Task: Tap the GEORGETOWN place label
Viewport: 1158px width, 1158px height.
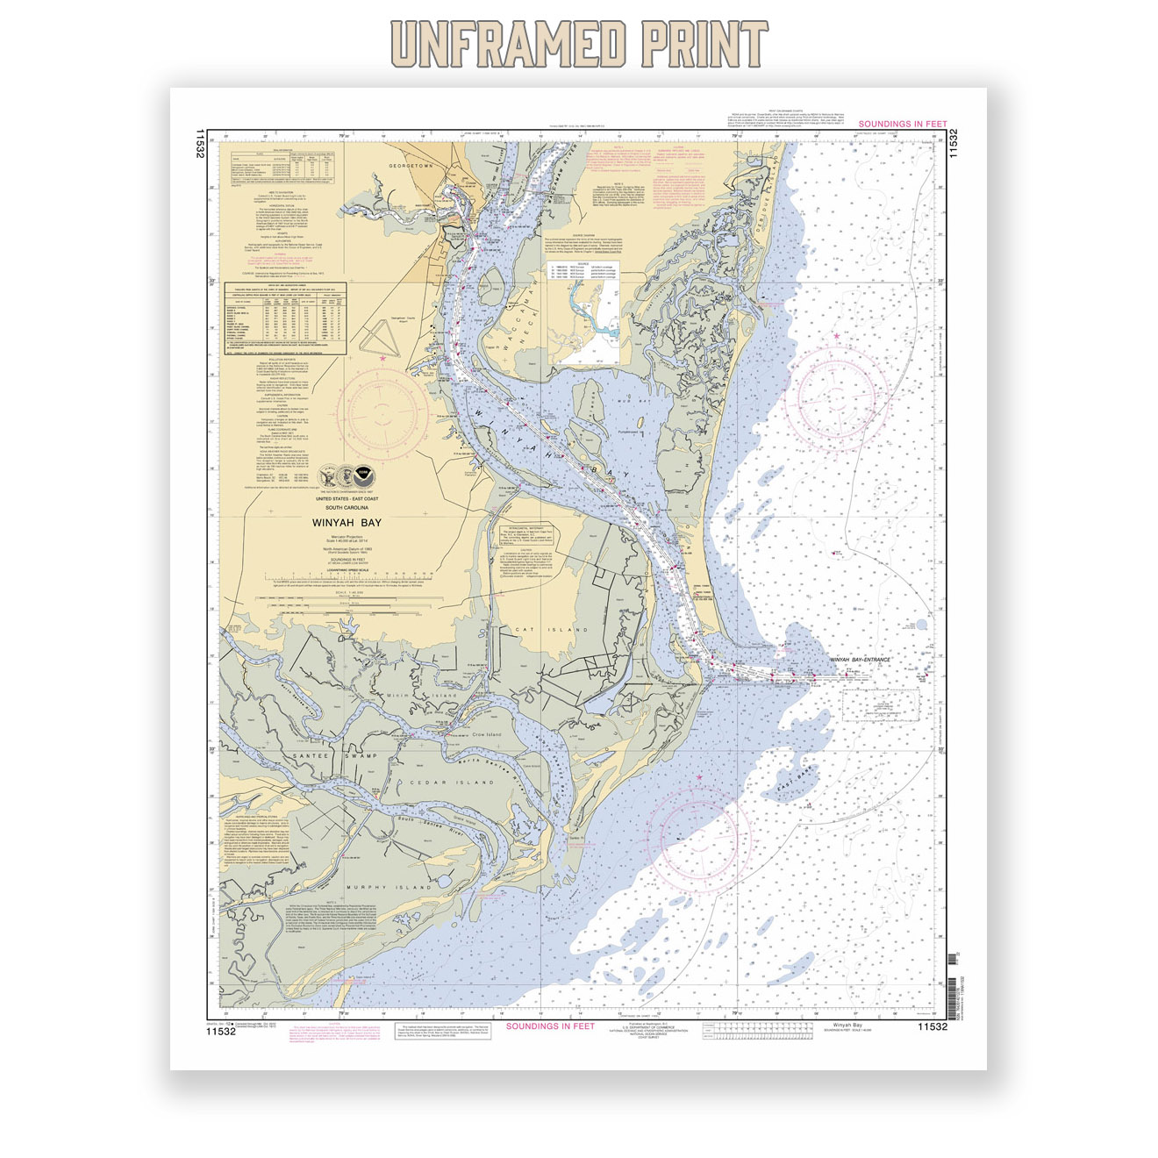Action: [411, 166]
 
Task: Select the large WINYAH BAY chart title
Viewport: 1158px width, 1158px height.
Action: [347, 522]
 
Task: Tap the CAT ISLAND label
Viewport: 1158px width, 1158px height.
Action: [551, 630]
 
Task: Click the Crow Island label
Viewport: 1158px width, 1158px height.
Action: [487, 734]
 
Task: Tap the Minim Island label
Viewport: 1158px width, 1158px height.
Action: [422, 696]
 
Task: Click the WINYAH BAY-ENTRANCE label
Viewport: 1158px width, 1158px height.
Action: [860, 659]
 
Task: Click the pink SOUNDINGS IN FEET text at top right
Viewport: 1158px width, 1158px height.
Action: [903, 125]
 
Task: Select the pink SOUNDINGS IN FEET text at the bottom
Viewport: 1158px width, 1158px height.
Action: [550, 1026]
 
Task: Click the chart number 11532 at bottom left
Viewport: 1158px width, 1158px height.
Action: [221, 1032]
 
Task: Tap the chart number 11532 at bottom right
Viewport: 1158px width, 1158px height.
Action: [933, 1026]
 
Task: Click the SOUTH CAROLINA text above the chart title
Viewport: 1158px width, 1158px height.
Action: [347, 508]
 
